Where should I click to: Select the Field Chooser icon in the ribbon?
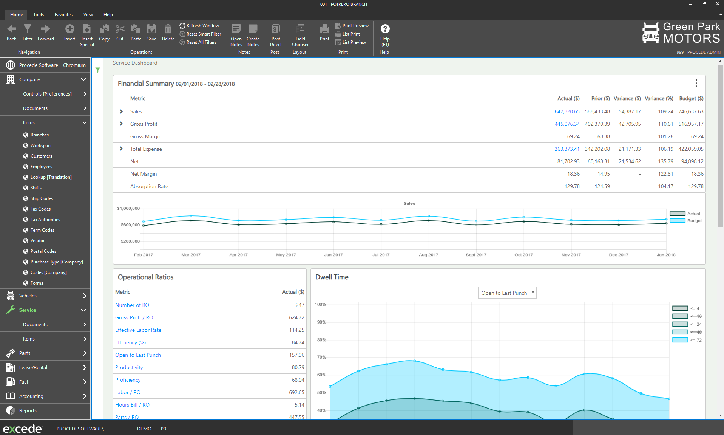tap(300, 29)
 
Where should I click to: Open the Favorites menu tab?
tap(63, 15)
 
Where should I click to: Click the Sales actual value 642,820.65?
tap(567, 111)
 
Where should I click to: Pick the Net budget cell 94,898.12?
tap(692, 161)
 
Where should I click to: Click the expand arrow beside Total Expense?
tap(121, 149)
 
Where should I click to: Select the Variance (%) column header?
tap(659, 98)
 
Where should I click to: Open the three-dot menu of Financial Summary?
tap(696, 84)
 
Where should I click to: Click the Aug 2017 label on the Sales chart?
tap(428, 255)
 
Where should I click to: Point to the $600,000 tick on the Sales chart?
tap(130, 225)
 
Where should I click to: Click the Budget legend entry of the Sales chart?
tap(686, 221)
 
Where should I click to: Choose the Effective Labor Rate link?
tap(138, 330)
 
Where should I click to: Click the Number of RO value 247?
tap(300, 305)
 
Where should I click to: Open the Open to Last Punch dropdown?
tap(507, 293)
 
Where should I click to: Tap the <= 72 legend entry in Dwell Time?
tap(687, 340)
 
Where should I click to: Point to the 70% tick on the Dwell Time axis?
tap(321, 357)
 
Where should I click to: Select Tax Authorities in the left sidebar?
tap(45, 220)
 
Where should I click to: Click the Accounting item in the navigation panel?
tap(31, 396)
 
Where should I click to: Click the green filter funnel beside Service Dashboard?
tap(98, 70)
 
